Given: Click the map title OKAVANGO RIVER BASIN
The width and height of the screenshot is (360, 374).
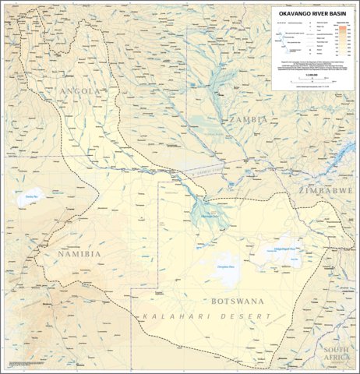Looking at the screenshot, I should click(312, 13).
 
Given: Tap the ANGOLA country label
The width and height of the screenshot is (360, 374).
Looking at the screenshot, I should click(79, 91).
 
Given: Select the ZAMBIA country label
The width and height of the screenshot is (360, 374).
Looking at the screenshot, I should click(248, 119).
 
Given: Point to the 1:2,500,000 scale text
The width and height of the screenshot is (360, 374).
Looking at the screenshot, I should click(311, 73).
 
